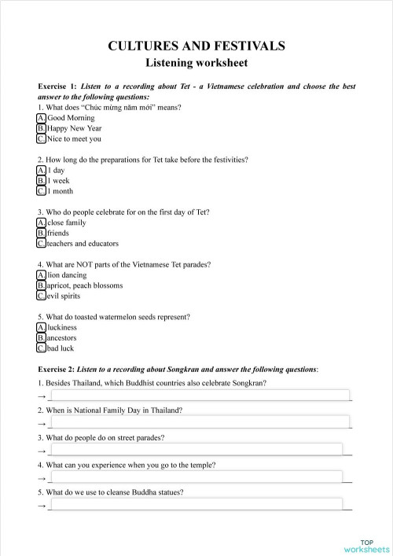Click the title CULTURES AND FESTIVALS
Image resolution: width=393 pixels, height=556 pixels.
pyautogui.click(x=196, y=46)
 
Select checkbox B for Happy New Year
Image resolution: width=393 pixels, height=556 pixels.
pyautogui.click(x=41, y=128)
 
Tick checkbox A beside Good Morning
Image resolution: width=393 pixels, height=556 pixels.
pyautogui.click(x=41, y=117)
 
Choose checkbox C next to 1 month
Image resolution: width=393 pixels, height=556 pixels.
pyautogui.click(x=41, y=191)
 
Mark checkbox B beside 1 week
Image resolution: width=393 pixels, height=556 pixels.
pyautogui.click(x=41, y=180)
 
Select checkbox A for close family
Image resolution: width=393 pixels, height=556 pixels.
pyautogui.click(x=41, y=223)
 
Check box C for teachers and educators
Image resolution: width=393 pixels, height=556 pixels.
pyautogui.click(x=41, y=244)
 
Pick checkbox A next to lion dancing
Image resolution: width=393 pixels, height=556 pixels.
pyautogui.click(x=41, y=275)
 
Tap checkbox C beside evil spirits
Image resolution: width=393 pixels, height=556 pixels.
pyautogui.click(x=41, y=296)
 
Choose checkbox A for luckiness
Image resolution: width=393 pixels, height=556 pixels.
pyautogui.click(x=41, y=327)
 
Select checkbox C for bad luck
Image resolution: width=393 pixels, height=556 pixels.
pyautogui.click(x=41, y=348)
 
